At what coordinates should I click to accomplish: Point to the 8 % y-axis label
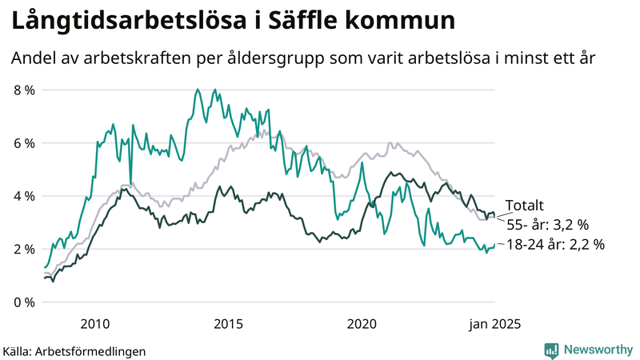(24, 90)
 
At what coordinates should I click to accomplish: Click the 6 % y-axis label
(24, 143)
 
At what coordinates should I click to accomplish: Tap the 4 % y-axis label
(24, 196)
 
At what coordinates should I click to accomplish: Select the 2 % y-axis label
(24, 249)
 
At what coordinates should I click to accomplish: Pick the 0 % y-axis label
(24, 302)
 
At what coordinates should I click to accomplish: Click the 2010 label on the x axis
(94, 323)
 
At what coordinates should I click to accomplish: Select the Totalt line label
(524, 206)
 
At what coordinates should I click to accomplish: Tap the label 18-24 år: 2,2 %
(556, 245)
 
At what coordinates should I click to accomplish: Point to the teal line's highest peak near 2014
(197, 90)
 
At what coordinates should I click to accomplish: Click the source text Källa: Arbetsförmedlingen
(74, 350)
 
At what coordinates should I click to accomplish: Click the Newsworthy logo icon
(551, 350)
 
